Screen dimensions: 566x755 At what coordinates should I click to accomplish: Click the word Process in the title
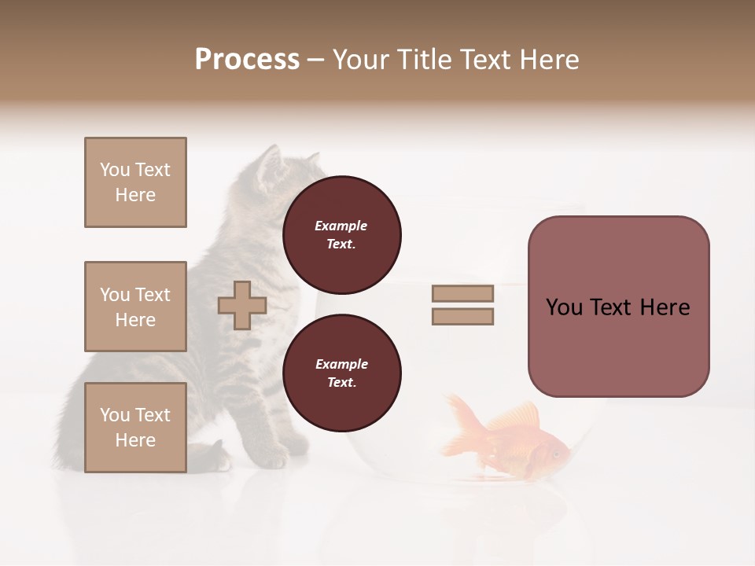click(247, 60)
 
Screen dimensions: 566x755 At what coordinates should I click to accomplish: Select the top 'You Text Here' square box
click(135, 182)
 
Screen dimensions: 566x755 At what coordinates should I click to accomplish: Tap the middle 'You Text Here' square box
click(135, 307)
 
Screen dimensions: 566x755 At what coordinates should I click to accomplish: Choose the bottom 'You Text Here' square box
click(135, 428)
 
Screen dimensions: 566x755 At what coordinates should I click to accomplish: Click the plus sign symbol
click(242, 305)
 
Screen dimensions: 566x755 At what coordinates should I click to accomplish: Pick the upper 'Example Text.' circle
click(341, 235)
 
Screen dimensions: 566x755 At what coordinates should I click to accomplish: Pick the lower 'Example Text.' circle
click(341, 373)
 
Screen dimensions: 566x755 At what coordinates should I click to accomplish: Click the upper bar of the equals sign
click(462, 293)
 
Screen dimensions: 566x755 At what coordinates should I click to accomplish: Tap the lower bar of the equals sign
click(462, 317)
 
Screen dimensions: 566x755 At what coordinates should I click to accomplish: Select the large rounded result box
click(618, 307)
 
